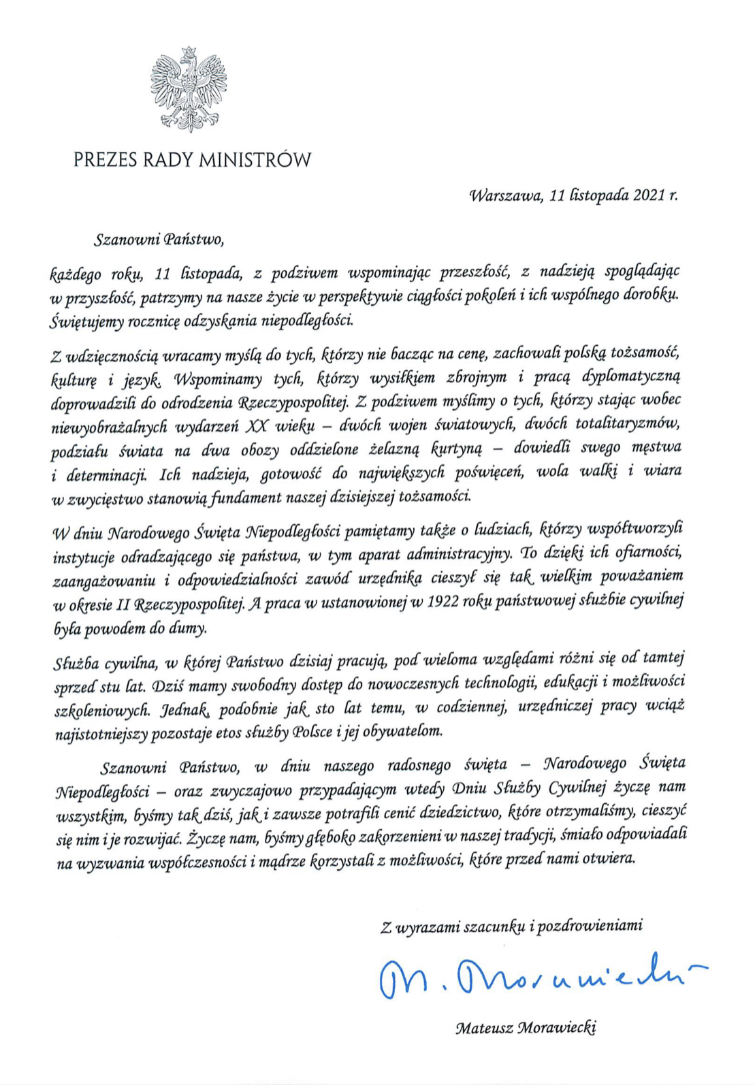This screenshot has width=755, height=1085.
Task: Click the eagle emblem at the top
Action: coord(189,90)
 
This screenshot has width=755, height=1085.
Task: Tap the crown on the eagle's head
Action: coord(189,52)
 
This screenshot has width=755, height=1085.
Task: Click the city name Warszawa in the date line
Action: coord(505,196)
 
